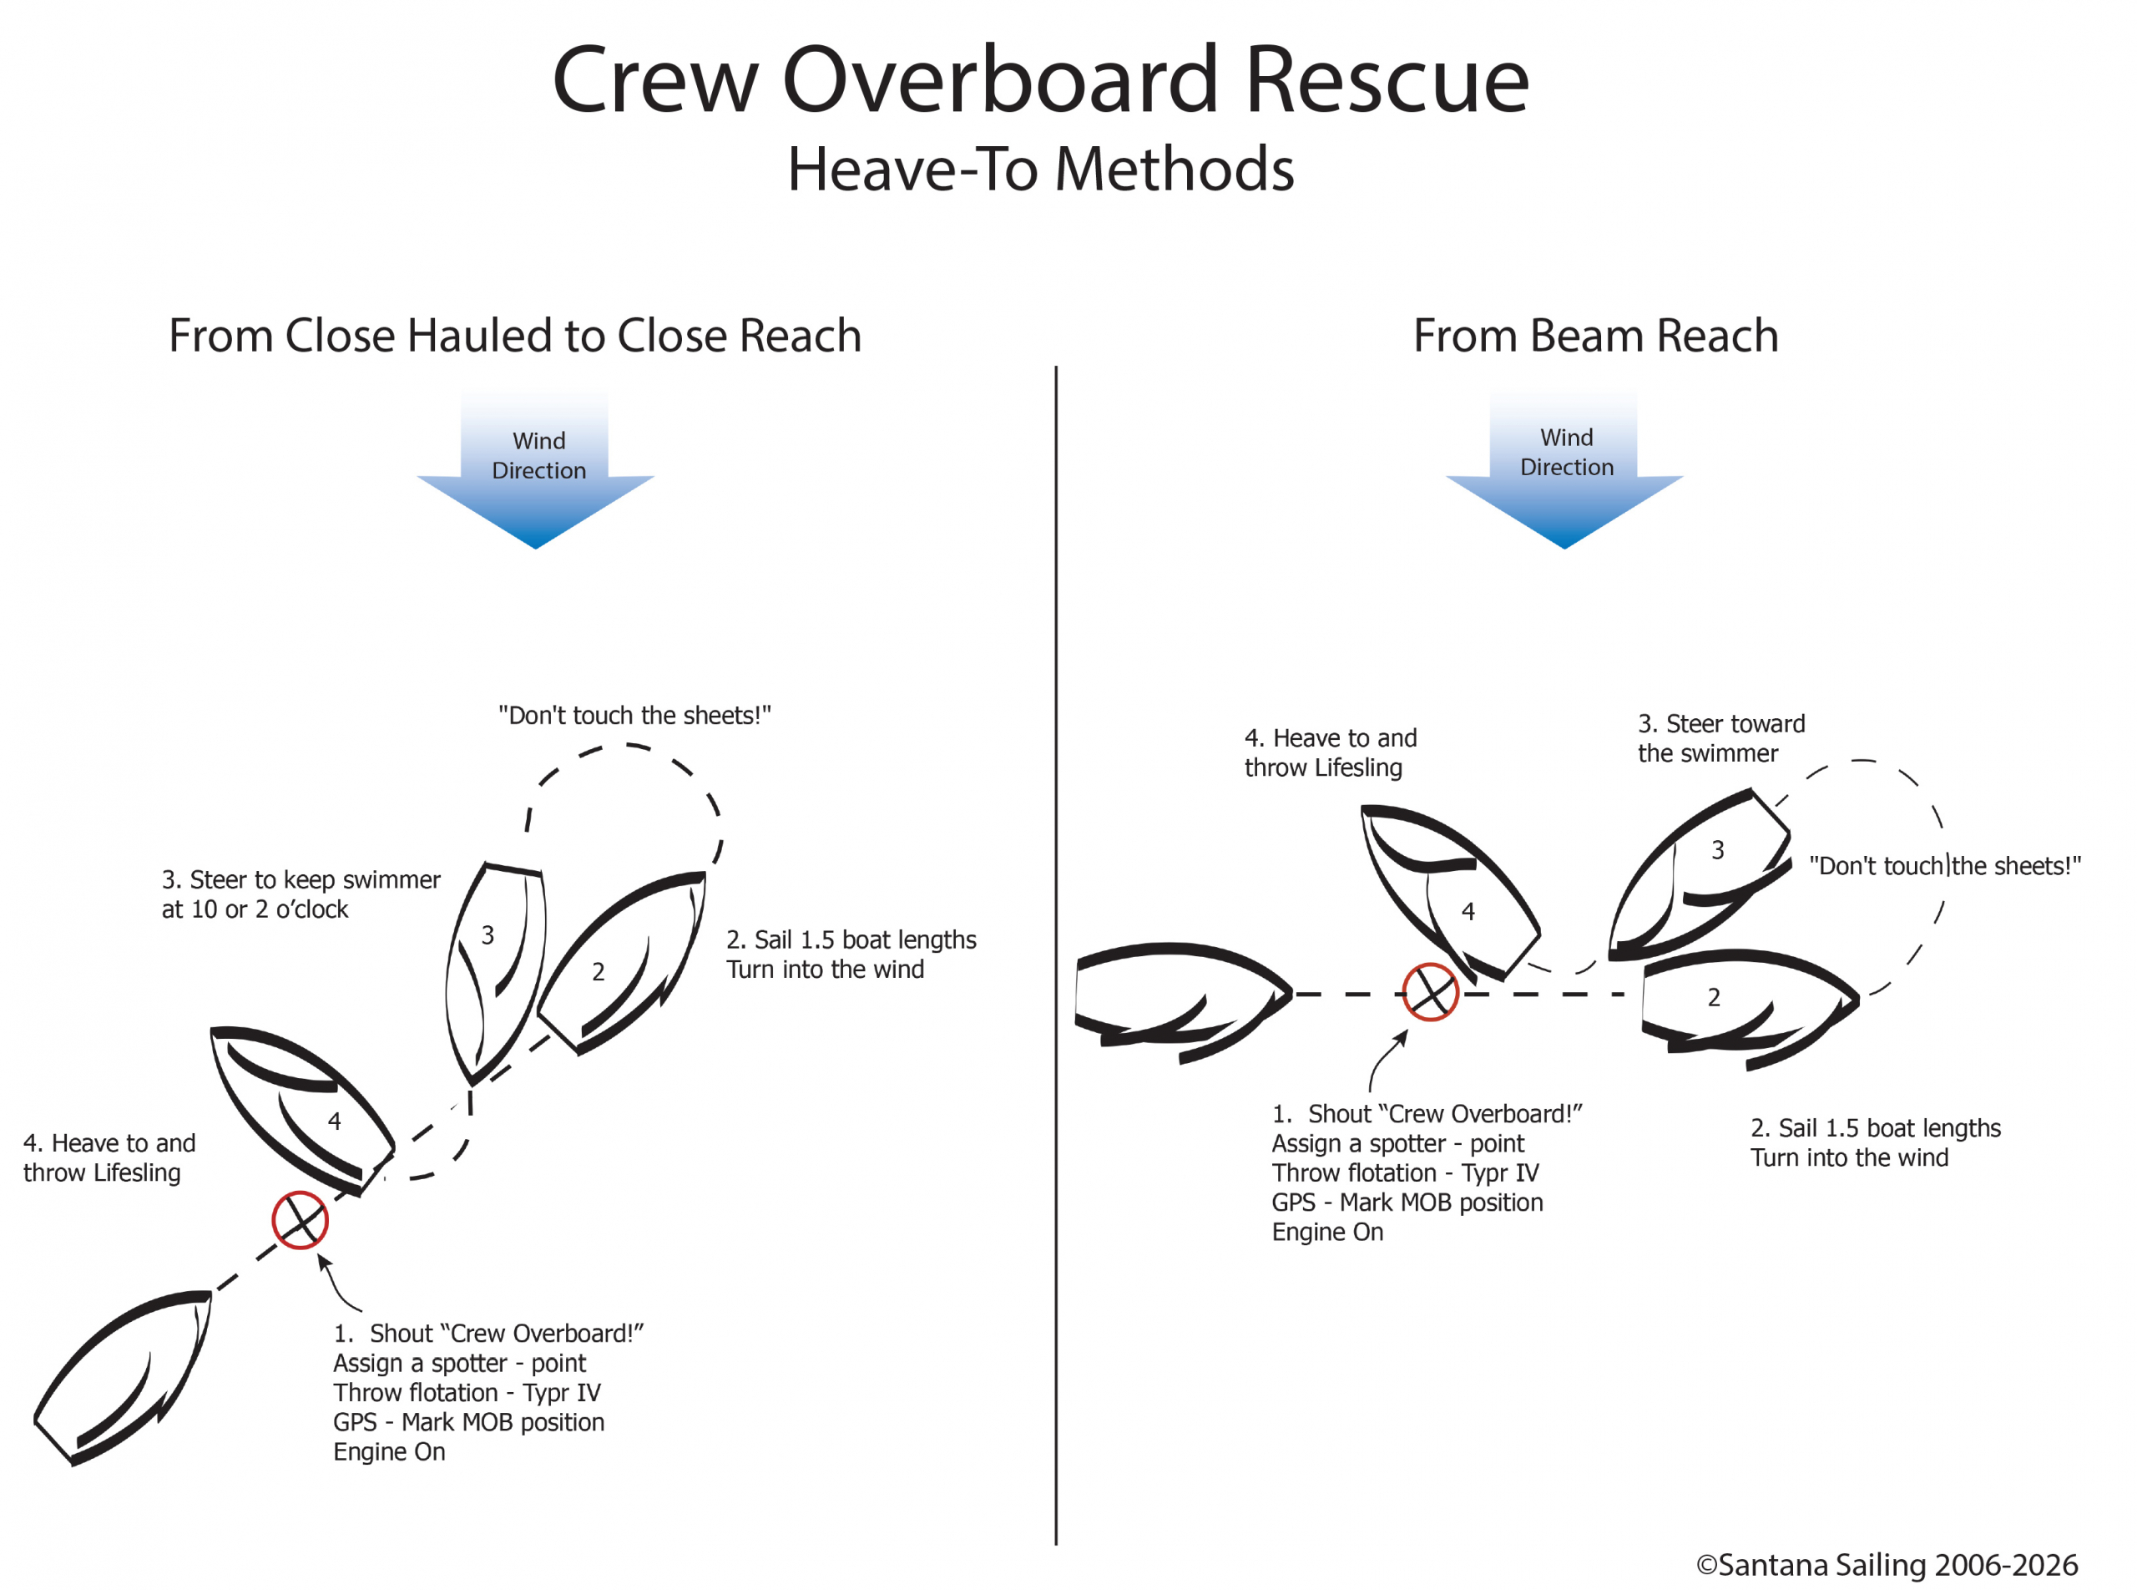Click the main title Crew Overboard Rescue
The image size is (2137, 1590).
pos(1039,81)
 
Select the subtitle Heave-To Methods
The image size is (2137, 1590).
pos(1039,170)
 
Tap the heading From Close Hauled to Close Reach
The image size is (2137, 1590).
pos(515,336)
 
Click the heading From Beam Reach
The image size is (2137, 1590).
pos(1594,336)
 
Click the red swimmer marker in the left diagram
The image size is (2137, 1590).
pos(301,1219)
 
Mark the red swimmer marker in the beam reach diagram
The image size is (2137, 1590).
pos(1430,992)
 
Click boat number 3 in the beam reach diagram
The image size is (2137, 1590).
pos(1698,871)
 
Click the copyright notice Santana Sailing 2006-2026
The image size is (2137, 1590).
pos(1886,1564)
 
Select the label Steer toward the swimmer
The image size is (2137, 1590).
pos(1720,738)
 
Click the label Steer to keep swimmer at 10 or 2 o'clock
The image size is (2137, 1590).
pos(301,894)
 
